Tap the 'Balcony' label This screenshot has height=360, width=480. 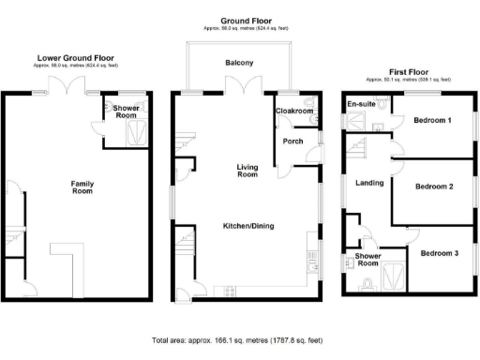(238, 64)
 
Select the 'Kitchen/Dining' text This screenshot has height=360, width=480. (248, 227)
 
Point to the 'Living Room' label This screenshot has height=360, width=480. (247, 170)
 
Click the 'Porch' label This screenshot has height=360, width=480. (292, 142)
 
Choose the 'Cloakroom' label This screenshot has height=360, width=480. (293, 112)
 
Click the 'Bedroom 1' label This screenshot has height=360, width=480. (432, 121)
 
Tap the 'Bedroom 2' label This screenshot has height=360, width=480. (434, 187)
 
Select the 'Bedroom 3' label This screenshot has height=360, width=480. (439, 253)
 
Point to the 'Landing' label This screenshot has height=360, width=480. (370, 183)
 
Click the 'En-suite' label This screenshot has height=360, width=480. (362, 104)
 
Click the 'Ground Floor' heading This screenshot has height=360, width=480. (247, 21)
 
